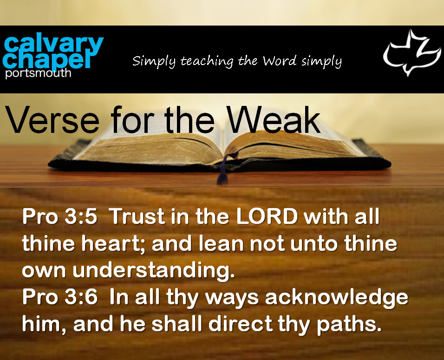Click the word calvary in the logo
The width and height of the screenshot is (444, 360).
(x=53, y=44)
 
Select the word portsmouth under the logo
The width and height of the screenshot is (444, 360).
(x=38, y=73)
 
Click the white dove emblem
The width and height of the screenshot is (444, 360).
(x=411, y=52)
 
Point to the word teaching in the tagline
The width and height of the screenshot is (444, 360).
(x=207, y=61)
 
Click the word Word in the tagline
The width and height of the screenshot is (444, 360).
(x=280, y=60)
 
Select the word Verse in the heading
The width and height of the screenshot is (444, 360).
(x=52, y=119)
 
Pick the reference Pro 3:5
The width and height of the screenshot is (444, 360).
(x=60, y=216)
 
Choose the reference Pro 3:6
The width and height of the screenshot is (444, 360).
(x=60, y=297)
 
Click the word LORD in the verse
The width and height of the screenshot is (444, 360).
(x=267, y=216)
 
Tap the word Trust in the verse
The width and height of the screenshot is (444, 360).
(x=137, y=216)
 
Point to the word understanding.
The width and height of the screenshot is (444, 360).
(x=154, y=271)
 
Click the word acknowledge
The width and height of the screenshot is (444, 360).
(x=337, y=298)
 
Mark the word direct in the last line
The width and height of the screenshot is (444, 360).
(x=241, y=324)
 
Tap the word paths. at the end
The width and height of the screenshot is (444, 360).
(x=349, y=325)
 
